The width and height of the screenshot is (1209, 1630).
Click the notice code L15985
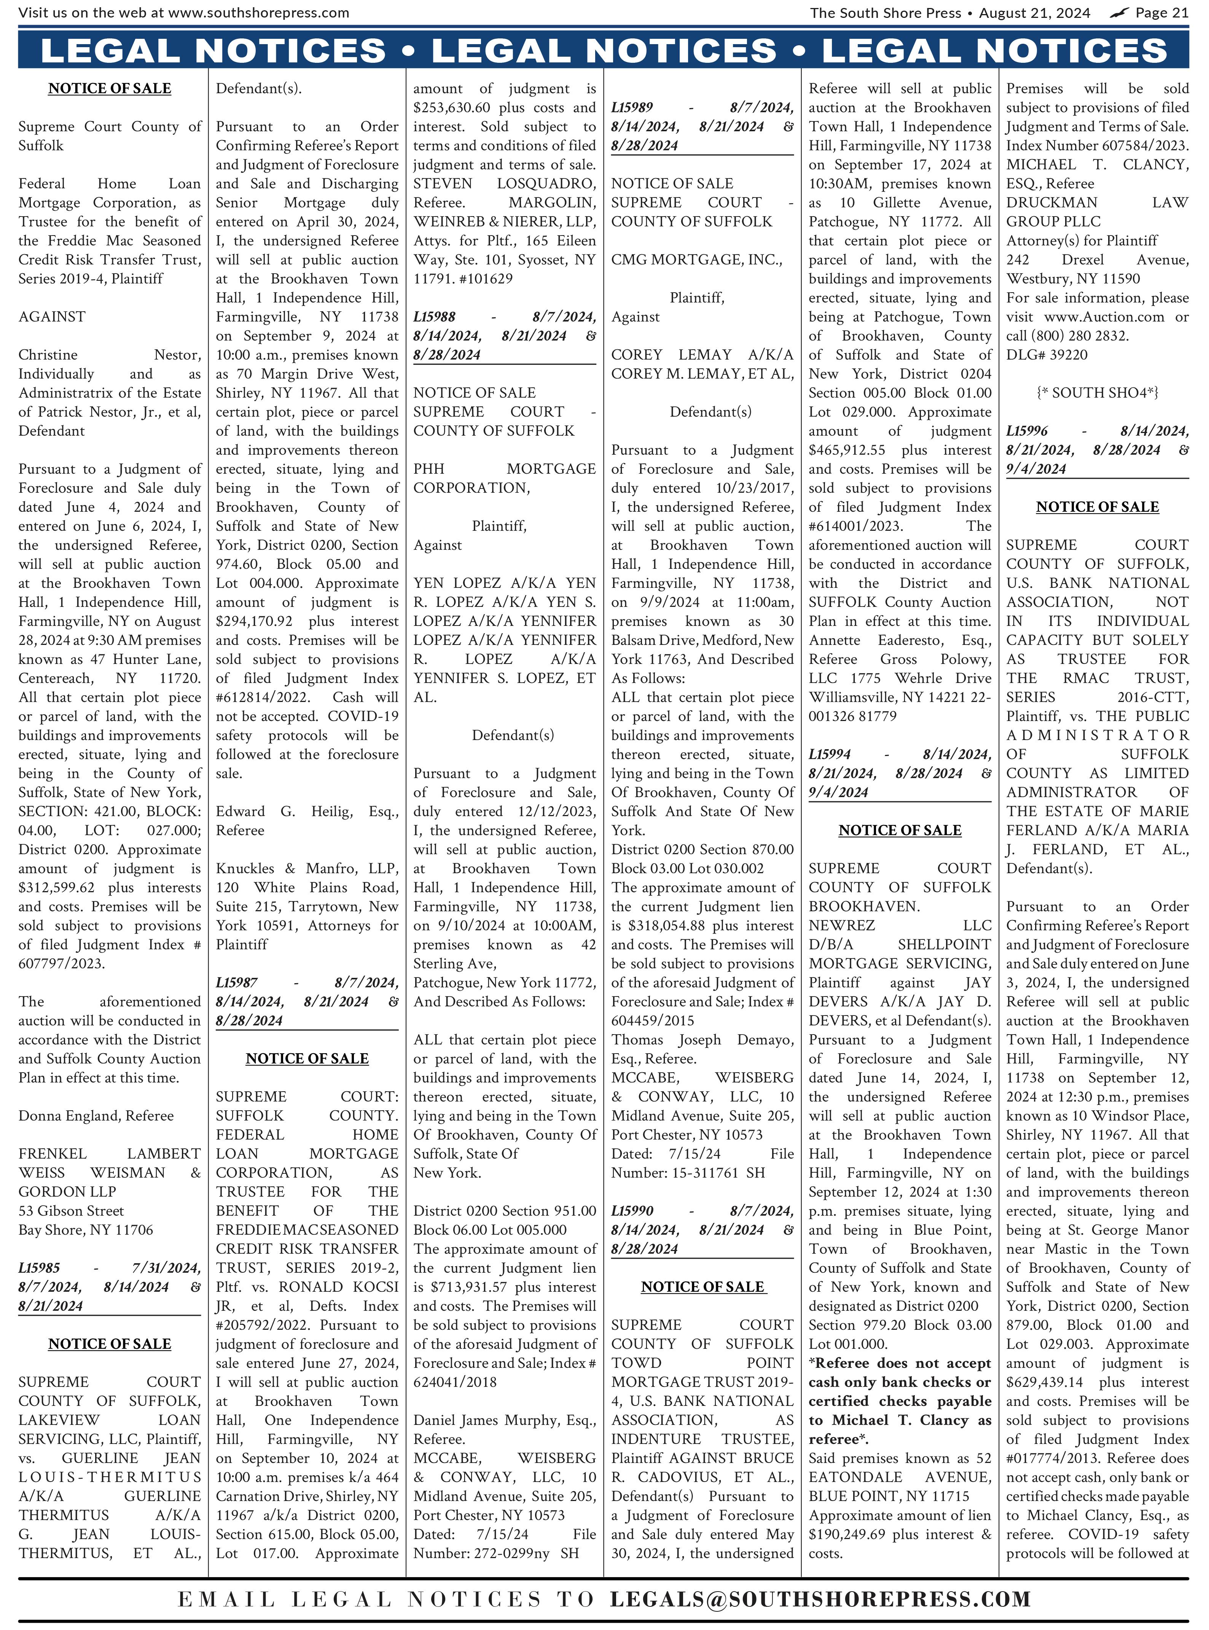coord(40,1268)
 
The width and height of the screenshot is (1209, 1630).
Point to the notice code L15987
coord(236,982)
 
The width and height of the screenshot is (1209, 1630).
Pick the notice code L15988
coord(434,317)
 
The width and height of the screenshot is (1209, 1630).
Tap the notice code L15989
coord(632,108)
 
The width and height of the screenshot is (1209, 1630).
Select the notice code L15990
coord(632,1211)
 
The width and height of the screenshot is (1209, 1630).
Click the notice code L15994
coord(829,754)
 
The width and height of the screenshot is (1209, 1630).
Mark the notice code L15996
coord(1027,431)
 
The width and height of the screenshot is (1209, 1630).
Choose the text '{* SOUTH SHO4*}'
coord(1097,393)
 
